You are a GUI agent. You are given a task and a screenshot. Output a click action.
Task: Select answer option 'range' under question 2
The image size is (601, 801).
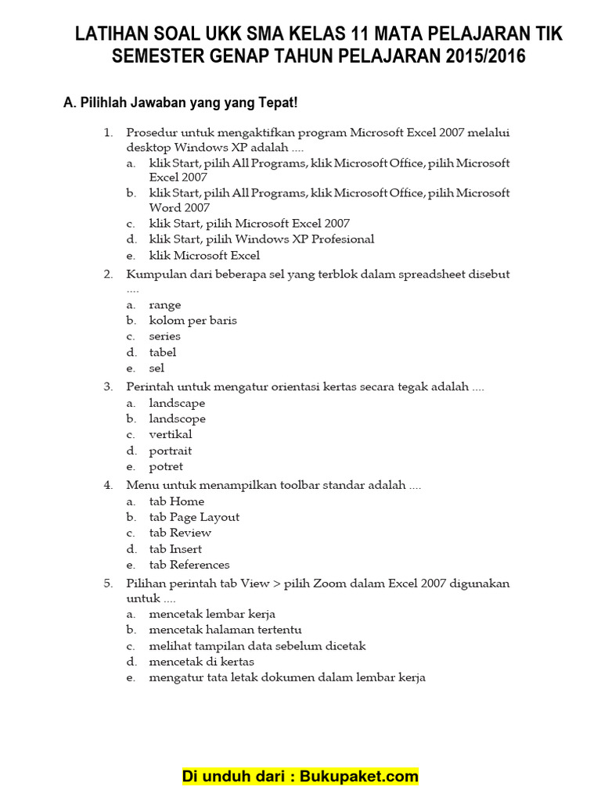pyautogui.click(x=165, y=305)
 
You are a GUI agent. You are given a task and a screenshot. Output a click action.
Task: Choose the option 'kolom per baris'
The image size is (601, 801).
pyautogui.click(x=193, y=321)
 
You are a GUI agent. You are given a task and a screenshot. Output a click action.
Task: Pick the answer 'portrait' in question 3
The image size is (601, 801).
pyautogui.click(x=171, y=451)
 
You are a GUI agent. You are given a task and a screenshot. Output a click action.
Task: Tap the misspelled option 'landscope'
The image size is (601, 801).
pyautogui.click(x=178, y=418)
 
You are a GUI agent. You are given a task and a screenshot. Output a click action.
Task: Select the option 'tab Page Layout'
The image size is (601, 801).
pyautogui.click(x=194, y=517)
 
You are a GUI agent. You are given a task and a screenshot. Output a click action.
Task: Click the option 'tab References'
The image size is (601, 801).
pyautogui.click(x=189, y=565)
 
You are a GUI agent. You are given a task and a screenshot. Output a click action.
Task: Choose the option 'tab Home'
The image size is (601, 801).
pyautogui.click(x=176, y=501)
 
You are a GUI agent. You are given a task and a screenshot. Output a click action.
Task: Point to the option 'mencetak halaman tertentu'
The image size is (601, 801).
pyautogui.click(x=225, y=630)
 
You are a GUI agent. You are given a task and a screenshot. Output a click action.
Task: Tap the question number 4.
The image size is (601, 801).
pyautogui.click(x=108, y=486)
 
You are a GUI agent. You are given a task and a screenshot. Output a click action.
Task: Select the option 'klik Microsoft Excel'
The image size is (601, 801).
pyautogui.click(x=204, y=256)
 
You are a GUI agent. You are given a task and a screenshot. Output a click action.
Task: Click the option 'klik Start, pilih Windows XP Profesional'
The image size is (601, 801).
pyautogui.click(x=261, y=239)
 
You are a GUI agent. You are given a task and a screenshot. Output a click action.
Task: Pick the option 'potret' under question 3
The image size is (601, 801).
pyautogui.click(x=166, y=467)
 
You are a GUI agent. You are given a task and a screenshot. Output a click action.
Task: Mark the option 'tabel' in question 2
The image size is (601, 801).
pyautogui.click(x=163, y=352)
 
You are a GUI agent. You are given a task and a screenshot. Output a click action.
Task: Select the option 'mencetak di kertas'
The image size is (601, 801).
pyautogui.click(x=201, y=662)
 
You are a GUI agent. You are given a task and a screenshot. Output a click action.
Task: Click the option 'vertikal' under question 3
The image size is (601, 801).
pyautogui.click(x=171, y=435)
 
